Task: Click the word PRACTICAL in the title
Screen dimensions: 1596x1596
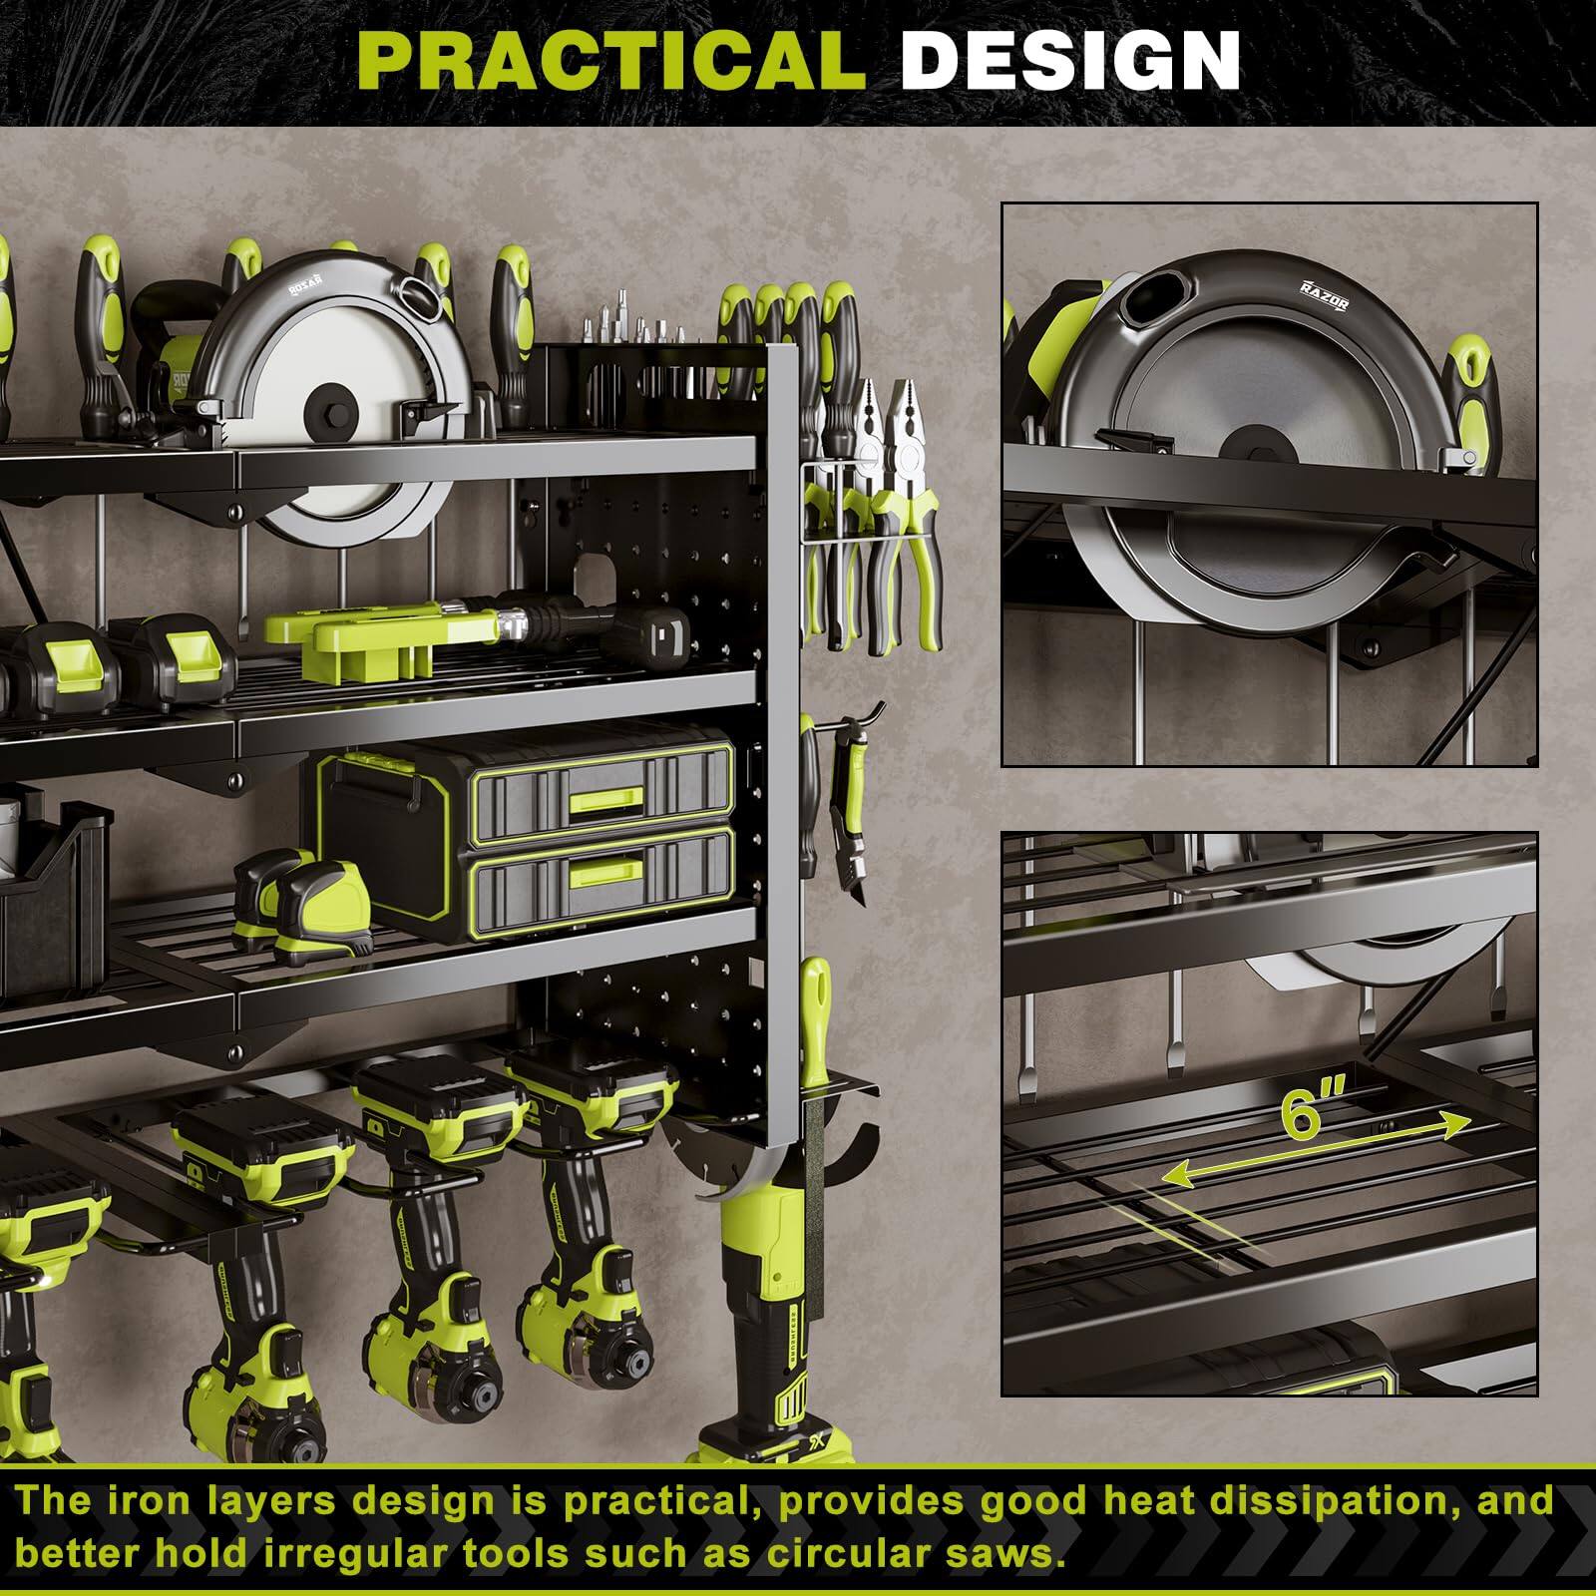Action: click(610, 62)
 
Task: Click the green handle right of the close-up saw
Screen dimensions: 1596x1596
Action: click(1472, 399)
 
